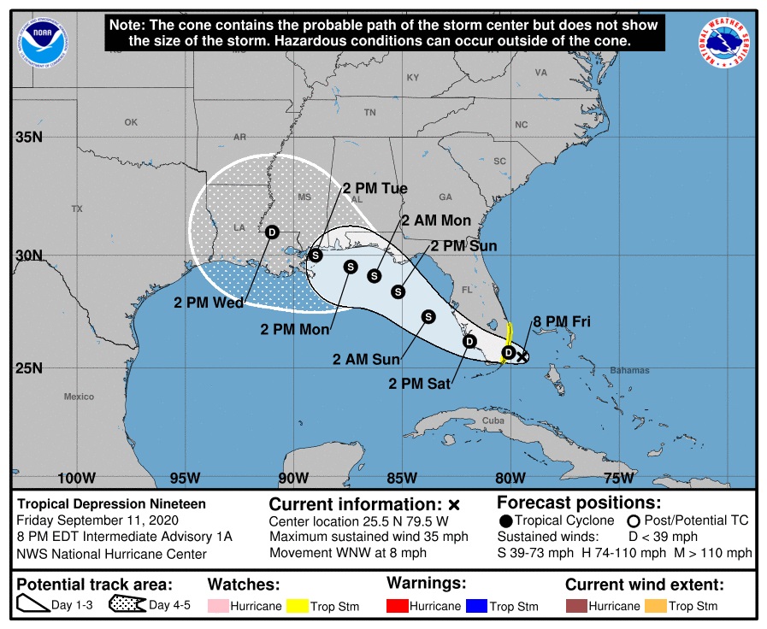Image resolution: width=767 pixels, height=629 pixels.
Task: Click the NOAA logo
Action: click(x=38, y=39)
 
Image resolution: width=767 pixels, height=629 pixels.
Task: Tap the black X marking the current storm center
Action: click(x=522, y=357)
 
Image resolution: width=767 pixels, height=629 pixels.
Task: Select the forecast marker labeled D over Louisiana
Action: click(x=272, y=232)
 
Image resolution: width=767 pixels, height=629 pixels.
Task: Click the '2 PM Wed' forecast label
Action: click(x=209, y=302)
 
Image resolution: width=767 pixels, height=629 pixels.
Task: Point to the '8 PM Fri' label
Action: click(x=562, y=322)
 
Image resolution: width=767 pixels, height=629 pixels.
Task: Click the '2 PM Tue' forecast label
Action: click(x=375, y=188)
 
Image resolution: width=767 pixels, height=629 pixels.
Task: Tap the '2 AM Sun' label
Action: click(x=367, y=360)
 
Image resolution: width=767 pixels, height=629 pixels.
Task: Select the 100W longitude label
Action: click(x=76, y=477)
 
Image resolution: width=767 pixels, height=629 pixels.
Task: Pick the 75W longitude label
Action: click(x=618, y=477)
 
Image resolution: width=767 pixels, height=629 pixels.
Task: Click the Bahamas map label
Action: click(x=629, y=370)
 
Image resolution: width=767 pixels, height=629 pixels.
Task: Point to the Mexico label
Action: click(x=79, y=397)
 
